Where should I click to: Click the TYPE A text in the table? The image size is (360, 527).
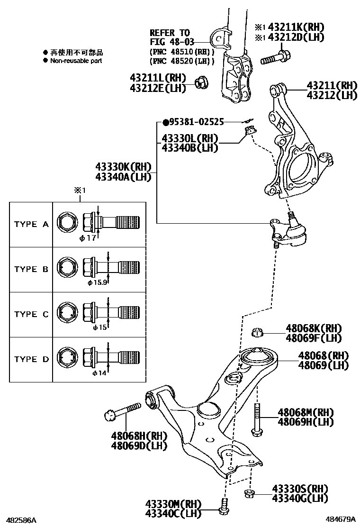click(31, 224)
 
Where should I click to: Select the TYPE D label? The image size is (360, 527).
click(31, 359)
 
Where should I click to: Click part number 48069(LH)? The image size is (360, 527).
click(323, 365)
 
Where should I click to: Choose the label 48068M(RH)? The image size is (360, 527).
click(306, 412)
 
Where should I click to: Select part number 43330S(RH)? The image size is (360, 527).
click(300, 489)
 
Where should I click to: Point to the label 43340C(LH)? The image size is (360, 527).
click(173, 513)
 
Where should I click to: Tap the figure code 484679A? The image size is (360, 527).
click(340, 520)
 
